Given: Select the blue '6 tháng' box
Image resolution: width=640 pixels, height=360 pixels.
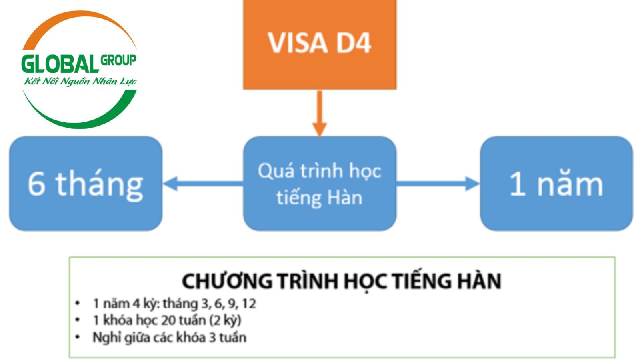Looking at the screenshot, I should coord(86,184).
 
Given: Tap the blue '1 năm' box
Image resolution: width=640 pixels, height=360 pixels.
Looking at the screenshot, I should coord(556,184).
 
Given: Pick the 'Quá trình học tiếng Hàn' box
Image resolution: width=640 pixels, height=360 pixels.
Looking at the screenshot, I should coord(320,184).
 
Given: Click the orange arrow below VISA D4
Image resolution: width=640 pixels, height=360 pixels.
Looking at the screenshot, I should coord(320,114).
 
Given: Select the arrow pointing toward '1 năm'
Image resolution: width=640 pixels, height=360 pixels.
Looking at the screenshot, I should coord(438,184).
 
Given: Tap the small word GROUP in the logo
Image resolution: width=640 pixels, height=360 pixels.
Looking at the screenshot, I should coord(118,60).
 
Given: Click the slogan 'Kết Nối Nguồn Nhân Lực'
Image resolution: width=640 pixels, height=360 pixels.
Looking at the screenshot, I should coord(80,82).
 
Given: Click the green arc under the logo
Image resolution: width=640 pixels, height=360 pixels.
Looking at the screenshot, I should coord(80,120).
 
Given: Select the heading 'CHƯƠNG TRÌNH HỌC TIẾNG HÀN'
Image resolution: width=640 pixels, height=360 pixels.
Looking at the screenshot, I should coord(341,281).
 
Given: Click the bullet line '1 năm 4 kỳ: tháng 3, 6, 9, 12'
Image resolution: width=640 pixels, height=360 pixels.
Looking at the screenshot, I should coord(174,304).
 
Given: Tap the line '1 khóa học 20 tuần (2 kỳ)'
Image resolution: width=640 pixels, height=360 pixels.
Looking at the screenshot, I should coord(167,320).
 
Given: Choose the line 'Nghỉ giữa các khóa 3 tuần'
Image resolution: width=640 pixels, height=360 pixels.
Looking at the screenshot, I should coord(169,337).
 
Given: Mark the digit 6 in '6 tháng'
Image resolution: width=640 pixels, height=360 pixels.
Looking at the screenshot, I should coord(36,184).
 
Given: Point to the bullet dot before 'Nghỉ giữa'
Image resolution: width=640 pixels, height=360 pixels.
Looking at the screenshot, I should coord(78,337).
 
